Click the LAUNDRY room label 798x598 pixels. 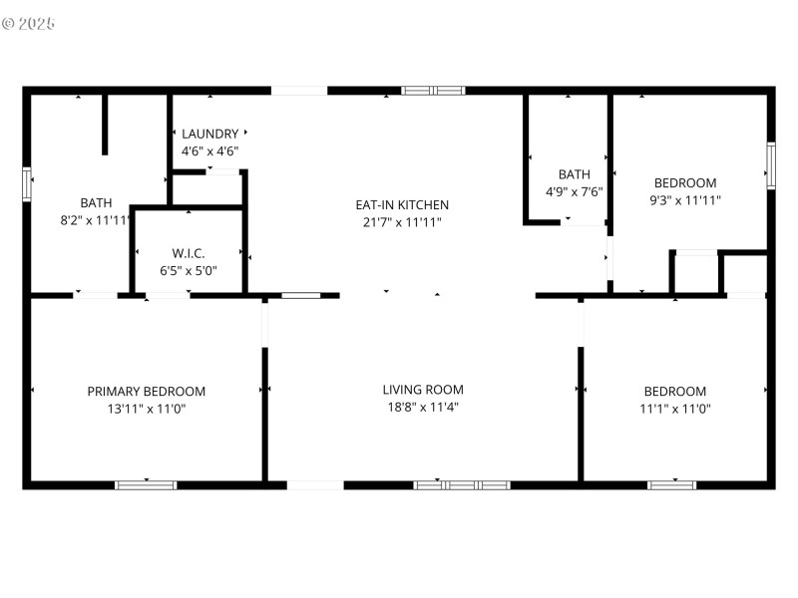209,134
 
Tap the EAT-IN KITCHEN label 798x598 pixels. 402,204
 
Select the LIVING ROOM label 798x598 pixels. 423,390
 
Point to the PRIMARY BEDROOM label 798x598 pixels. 147,392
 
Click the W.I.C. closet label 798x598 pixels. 189,253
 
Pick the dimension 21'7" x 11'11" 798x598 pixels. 402,222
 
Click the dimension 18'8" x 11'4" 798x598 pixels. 423,407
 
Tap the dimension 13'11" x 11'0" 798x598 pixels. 147,409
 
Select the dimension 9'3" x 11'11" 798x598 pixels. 685,199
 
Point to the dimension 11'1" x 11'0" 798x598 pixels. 675,409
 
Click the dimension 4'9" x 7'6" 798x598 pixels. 574,191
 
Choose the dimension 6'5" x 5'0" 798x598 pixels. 189,270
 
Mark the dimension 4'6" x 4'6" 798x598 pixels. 209,151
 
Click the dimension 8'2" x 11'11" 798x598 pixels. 96,220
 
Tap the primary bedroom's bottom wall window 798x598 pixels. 146,485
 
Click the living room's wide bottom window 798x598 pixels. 462,485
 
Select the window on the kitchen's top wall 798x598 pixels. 433,91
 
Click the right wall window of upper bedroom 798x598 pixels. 770,165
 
